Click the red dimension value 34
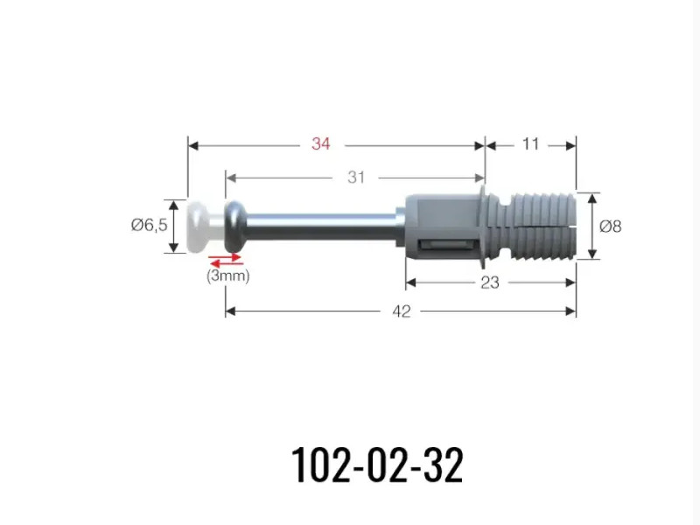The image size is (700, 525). point(320,143)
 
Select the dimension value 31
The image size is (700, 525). point(356,178)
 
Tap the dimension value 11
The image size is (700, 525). point(530,143)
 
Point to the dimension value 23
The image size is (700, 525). point(490,282)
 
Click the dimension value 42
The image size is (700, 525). point(401,311)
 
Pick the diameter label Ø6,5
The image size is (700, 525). point(149,225)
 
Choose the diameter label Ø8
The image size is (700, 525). point(610,227)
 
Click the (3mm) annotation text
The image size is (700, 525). point(227,276)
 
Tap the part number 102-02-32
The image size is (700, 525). point(377,465)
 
